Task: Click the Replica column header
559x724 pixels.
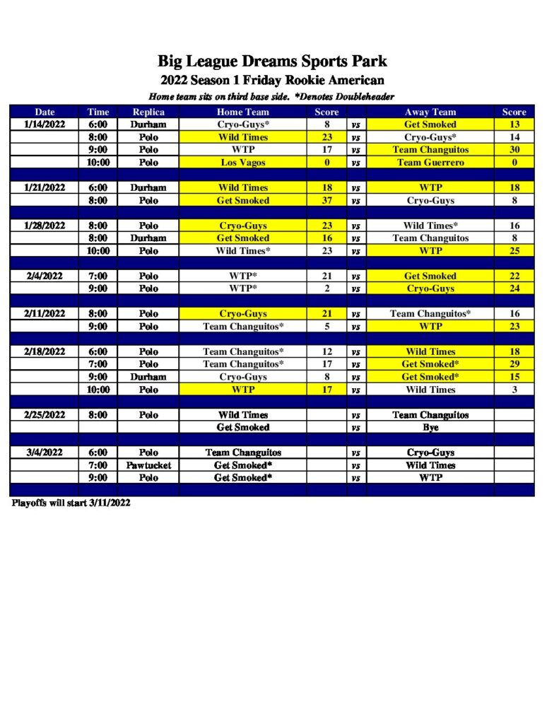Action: tap(148, 112)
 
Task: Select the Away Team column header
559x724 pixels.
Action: tap(430, 112)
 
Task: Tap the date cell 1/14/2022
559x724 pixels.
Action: tap(45, 124)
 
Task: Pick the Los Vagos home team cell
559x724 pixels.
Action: tap(242, 163)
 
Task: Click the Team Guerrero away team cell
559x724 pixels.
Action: tap(430, 163)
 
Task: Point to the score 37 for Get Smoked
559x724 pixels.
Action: tap(326, 200)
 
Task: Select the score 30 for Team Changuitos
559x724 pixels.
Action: tap(514, 150)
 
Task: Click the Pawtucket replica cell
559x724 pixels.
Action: tap(148, 465)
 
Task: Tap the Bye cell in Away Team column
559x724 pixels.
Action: tap(430, 428)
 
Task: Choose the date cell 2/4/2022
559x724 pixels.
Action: tap(45, 276)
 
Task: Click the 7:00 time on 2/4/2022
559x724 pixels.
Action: tap(98, 276)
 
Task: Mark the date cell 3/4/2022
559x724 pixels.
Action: tap(45, 452)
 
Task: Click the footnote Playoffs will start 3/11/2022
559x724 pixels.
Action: tap(71, 503)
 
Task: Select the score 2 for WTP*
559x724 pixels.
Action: tap(326, 288)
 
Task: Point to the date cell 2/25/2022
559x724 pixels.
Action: tap(45, 415)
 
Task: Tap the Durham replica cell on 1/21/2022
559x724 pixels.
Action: tap(148, 187)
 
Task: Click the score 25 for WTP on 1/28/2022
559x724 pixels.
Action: tap(514, 250)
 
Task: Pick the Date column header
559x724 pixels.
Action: tap(45, 112)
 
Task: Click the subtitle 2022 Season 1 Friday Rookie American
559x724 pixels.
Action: tap(272, 80)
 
